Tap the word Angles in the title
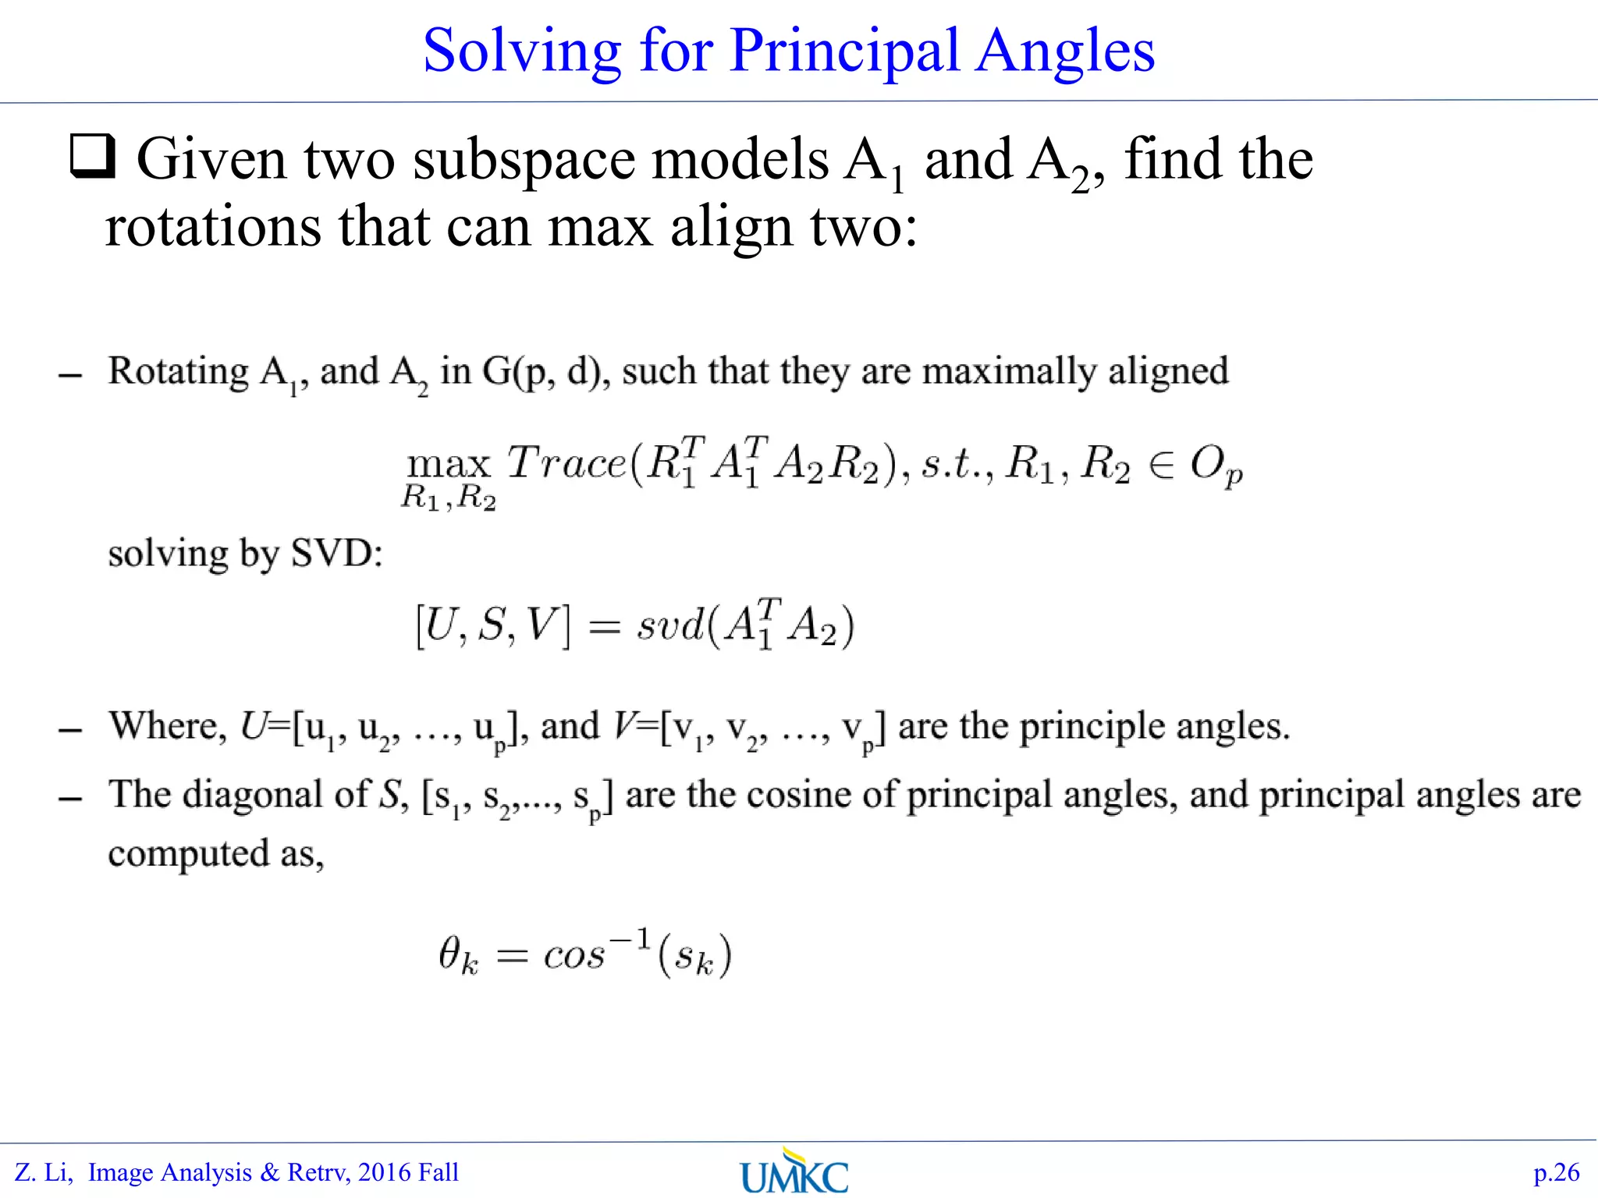coord(1066,51)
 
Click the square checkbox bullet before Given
coord(93,157)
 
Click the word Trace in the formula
coord(566,463)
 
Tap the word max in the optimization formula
coord(449,465)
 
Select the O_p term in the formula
coord(1216,467)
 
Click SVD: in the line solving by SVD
coord(336,554)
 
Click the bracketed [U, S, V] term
coord(492,626)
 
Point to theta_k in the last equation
coord(457,955)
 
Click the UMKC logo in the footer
coord(794,1171)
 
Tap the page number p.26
coord(1556,1172)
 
